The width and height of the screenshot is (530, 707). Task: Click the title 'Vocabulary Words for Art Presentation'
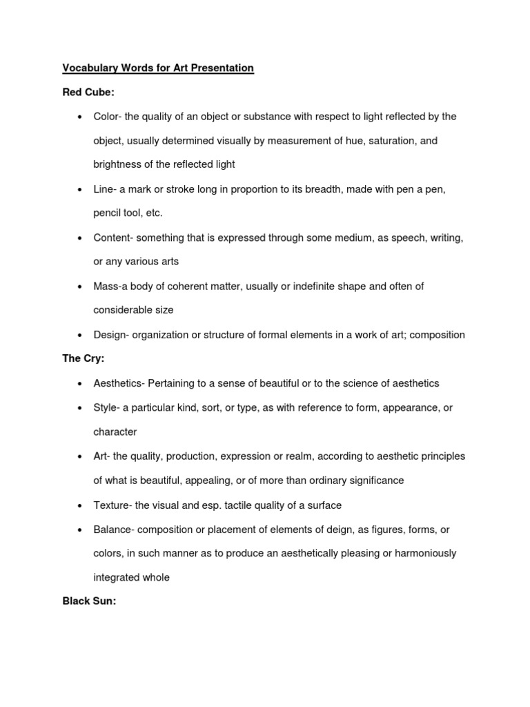[x=158, y=68]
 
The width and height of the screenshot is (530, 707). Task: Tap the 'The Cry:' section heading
[x=84, y=359]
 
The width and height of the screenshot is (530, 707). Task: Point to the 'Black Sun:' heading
[x=89, y=601]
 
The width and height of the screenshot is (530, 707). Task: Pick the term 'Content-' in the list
[x=114, y=238]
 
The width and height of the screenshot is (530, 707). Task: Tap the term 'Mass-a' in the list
[x=110, y=286]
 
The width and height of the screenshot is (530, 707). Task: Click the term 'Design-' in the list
[x=112, y=335]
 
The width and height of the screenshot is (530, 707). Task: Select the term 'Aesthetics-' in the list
[x=119, y=383]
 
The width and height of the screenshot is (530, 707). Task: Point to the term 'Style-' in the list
[x=107, y=407]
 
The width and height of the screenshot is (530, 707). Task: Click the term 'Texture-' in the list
[x=113, y=505]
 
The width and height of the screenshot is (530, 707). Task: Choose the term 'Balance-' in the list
[x=115, y=529]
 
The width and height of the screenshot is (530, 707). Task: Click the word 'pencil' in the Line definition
[x=107, y=213]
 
